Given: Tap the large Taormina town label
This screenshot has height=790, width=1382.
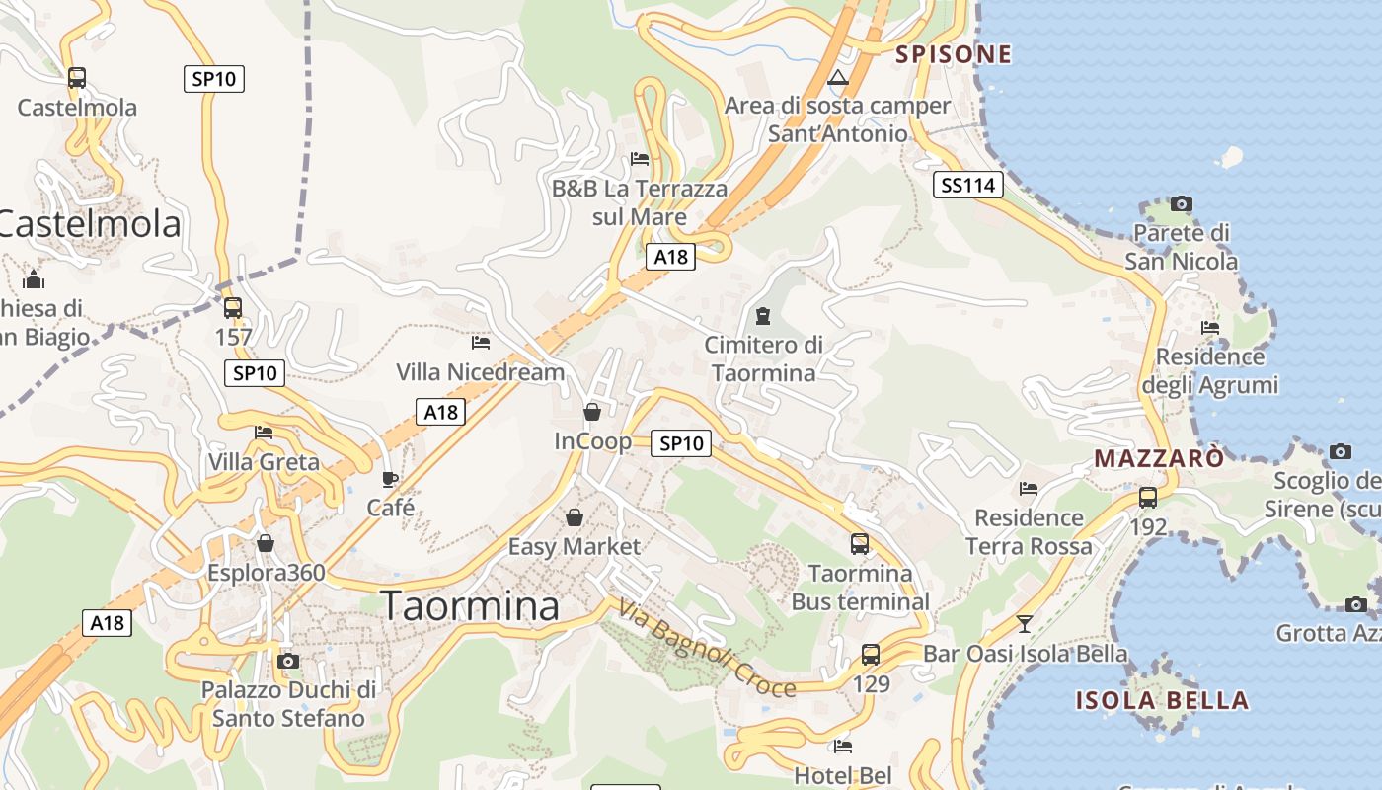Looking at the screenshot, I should click(x=470, y=605).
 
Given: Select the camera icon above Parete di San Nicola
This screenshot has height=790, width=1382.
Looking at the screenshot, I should click(x=1181, y=204).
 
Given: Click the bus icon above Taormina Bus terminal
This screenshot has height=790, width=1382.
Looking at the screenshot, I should click(x=860, y=543).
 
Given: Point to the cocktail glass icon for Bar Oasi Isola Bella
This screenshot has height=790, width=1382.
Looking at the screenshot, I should click(x=1025, y=623).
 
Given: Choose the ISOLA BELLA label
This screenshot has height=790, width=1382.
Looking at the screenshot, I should click(x=1162, y=701).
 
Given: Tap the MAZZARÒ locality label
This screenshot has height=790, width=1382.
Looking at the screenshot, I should click(x=1159, y=458).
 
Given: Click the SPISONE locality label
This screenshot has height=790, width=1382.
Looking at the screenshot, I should click(x=953, y=54).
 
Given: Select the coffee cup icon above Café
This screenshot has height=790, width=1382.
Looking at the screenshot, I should click(x=390, y=479).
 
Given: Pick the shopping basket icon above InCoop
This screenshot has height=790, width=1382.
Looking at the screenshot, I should click(x=592, y=411).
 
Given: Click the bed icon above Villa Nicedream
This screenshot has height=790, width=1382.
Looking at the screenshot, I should click(x=481, y=343).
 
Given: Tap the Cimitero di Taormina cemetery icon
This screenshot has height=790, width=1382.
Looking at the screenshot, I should click(x=762, y=316).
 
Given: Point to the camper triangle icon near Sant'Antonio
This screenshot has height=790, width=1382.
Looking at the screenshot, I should click(x=838, y=78).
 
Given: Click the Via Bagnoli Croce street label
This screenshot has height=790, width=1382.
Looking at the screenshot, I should click(x=707, y=649).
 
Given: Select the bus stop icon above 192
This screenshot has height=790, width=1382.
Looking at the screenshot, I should click(x=1148, y=497).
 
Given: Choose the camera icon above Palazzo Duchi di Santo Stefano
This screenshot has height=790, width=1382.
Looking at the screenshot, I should click(x=288, y=661).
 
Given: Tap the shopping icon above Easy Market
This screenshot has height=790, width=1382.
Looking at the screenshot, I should click(x=574, y=516).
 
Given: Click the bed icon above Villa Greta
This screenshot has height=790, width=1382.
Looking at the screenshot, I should click(x=264, y=433).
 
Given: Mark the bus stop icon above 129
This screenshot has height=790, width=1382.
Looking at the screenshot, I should click(x=871, y=654).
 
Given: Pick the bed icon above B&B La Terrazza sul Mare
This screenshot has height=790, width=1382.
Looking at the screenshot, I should click(x=640, y=158).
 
